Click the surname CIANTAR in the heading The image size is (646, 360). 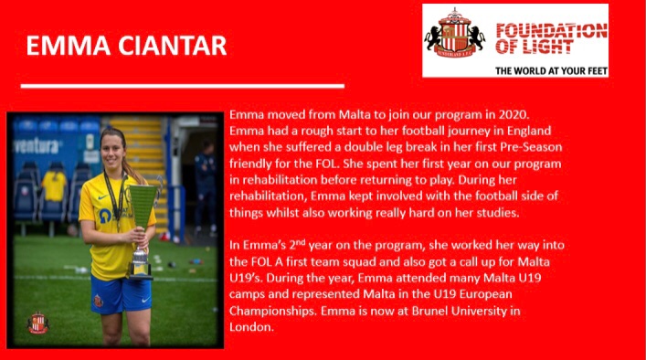pos(171,46)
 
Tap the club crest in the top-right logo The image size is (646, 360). pos(453,34)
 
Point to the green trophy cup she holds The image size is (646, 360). pos(142,215)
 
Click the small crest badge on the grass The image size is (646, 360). pos(37,323)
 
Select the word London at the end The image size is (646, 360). pos(251,327)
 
